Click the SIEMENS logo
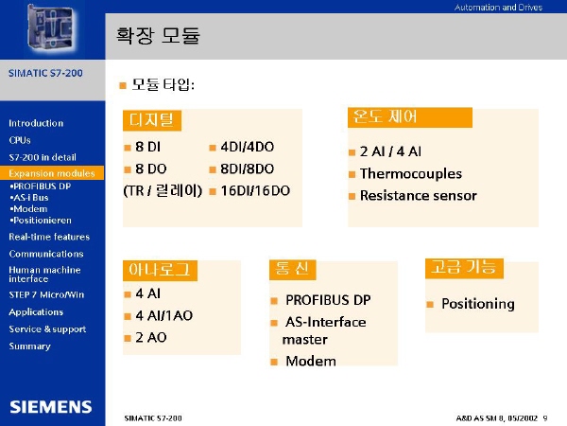pos(51,407)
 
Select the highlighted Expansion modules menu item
pos(52,173)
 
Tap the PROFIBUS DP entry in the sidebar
pos(41,186)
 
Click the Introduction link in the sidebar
pos(36,123)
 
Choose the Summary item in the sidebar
pos(29,346)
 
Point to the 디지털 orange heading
pos(152,120)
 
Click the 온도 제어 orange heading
pos(410,117)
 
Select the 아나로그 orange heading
pos(160,270)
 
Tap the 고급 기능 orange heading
pos(464,268)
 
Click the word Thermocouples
pos(411,173)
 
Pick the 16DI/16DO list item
pos(255,191)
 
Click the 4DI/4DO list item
pos(248,147)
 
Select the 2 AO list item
pos(151,338)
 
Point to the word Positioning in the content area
pos(478,304)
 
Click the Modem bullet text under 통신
pos(311,361)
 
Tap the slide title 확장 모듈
pos(158,36)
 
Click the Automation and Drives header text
pos(498,8)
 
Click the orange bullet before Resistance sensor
pos(352,197)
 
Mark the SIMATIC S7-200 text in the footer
pos(153,418)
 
